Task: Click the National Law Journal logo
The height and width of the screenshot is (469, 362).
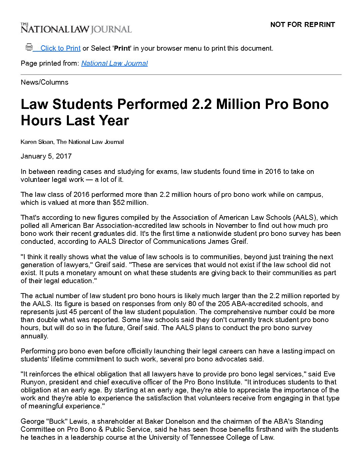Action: pyautogui.click(x=76, y=29)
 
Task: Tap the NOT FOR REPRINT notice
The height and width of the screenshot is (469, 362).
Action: pyautogui.click(x=302, y=25)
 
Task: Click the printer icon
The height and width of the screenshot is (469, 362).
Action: pyautogui.click(x=29, y=47)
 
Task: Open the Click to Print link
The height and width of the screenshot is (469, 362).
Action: pyautogui.click(x=60, y=48)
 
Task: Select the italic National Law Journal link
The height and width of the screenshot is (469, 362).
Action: pyautogui.click(x=114, y=63)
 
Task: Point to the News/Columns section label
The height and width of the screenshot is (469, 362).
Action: pyautogui.click(x=44, y=82)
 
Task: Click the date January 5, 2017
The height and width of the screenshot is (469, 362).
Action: pyautogui.click(x=46, y=156)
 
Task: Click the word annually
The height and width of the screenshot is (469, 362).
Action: pyautogui.click(x=34, y=336)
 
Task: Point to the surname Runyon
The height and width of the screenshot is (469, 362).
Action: pyautogui.click(x=32, y=382)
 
